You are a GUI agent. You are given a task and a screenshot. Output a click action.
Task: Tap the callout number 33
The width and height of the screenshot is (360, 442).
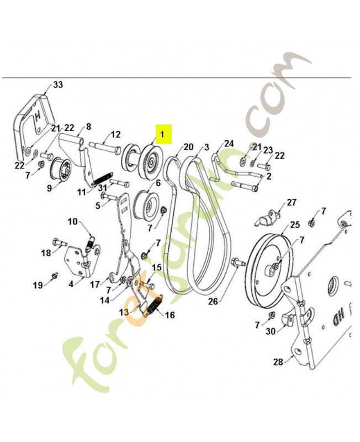pyautogui.click(x=58, y=85)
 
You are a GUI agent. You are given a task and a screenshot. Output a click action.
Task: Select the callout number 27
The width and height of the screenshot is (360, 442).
pyautogui.click(x=292, y=202)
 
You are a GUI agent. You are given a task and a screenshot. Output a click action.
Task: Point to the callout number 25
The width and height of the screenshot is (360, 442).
pyautogui.click(x=295, y=225)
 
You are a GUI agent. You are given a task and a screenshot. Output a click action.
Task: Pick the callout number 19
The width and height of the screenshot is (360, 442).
pyautogui.click(x=37, y=286)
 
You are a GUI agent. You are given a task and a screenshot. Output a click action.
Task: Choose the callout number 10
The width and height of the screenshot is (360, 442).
pyautogui.click(x=73, y=222)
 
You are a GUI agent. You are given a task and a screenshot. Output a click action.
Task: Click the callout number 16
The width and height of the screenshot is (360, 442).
pyautogui.click(x=170, y=315)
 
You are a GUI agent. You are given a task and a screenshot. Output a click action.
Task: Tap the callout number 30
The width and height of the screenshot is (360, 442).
pyautogui.click(x=270, y=331)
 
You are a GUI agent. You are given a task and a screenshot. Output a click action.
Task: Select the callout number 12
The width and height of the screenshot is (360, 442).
pyautogui.click(x=115, y=134)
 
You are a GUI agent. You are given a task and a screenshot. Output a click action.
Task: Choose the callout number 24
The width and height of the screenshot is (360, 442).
pyautogui.click(x=229, y=144)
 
